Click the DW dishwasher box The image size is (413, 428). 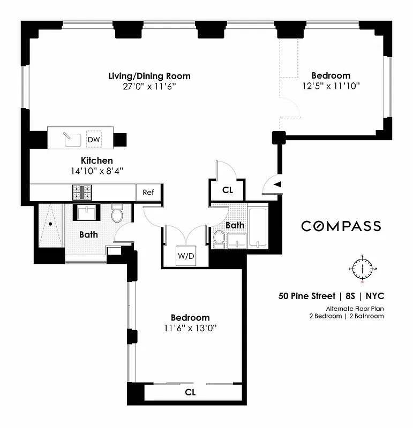tap(94, 139)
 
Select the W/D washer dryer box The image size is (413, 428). tap(186, 256)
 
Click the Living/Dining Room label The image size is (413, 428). tap(149, 76)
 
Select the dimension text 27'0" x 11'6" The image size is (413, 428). tap(149, 86)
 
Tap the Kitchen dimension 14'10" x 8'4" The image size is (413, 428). tap(97, 171)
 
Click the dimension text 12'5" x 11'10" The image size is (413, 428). tap(331, 86)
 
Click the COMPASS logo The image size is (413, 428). tap(341, 226)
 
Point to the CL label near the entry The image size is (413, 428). tap(227, 190)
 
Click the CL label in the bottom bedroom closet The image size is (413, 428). tap(190, 392)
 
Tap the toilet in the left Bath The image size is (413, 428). tap(117, 215)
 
